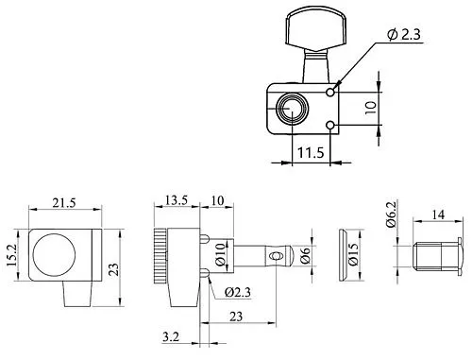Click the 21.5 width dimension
pyautogui.click(x=63, y=203)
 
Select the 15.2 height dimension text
pyautogui.click(x=11, y=254)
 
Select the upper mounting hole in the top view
pyautogui.click(x=329, y=93)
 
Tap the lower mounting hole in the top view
pyautogui.click(x=329, y=124)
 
